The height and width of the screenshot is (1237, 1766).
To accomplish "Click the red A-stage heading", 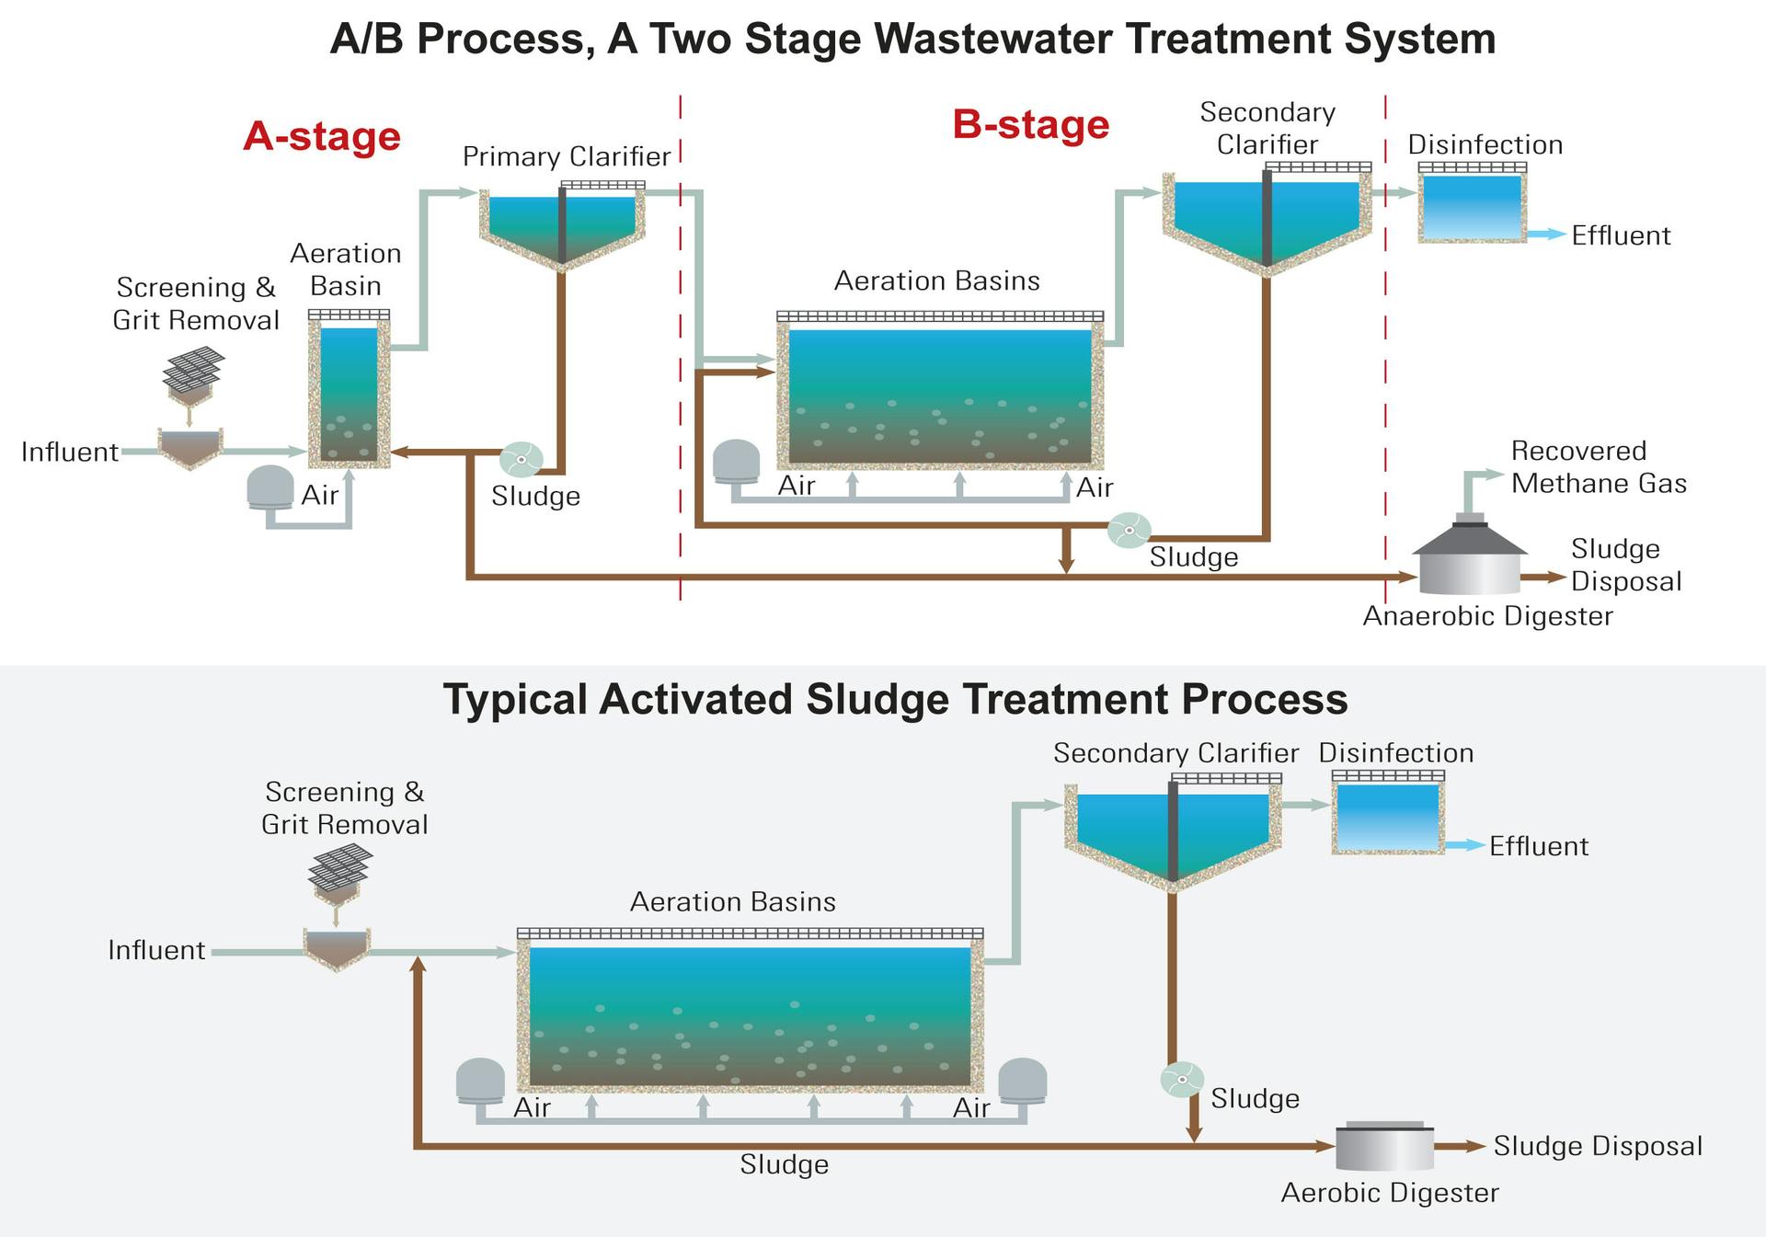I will point(322,136).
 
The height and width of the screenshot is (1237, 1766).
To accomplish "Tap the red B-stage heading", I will point(1030,124).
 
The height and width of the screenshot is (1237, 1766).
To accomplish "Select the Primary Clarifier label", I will point(566,156).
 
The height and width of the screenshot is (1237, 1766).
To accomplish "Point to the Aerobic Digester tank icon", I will point(1383,1146).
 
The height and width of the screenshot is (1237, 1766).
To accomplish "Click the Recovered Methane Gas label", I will point(1599,466).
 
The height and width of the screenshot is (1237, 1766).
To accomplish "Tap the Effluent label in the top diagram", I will point(1620,235).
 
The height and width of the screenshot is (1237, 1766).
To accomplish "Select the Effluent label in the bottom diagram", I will point(1538,846).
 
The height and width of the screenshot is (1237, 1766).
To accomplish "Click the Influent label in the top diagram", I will point(70,452).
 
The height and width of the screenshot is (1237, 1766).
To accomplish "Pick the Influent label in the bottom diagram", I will point(156,950).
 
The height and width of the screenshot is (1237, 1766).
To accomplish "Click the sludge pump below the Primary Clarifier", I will point(521,459).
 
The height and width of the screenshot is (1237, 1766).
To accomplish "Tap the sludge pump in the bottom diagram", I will point(1181,1080).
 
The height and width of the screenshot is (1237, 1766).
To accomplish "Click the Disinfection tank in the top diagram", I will point(1472,206).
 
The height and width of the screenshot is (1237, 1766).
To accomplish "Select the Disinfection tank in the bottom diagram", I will point(1387,817).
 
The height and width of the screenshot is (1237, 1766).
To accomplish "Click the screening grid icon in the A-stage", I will point(193,370).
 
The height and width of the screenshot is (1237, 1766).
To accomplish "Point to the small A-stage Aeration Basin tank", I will point(349,394).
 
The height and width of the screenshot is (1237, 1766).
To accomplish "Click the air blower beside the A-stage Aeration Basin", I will point(270,487).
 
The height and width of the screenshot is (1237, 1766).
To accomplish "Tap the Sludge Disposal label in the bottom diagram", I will point(1597,1146).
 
